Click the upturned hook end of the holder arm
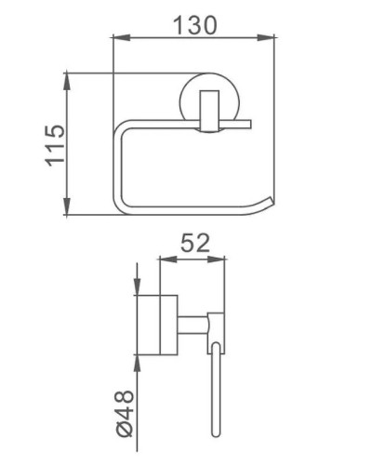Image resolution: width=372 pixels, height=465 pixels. coord(270,202)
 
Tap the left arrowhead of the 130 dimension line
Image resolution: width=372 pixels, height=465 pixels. coord(117,37)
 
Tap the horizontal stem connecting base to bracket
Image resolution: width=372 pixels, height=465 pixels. coord(193,325)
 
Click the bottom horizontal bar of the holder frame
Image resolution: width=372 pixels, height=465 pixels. coord(186,209)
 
